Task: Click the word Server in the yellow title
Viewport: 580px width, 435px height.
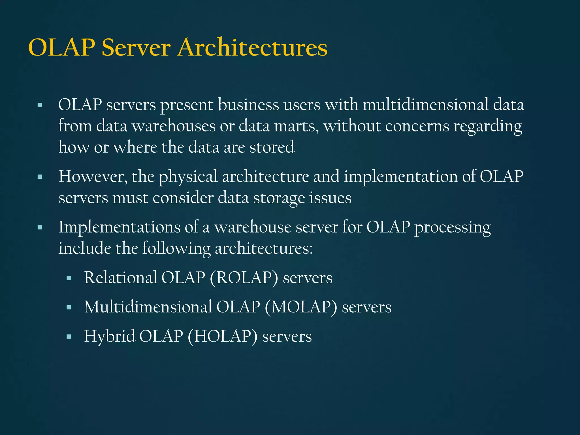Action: click(136, 47)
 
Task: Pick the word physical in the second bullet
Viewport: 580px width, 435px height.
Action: click(188, 177)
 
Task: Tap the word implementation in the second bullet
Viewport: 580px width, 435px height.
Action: click(400, 177)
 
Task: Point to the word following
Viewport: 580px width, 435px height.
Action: click(176, 249)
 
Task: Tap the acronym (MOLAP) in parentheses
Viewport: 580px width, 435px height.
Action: click(301, 307)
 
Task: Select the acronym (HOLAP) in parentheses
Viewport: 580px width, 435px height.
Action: click(222, 336)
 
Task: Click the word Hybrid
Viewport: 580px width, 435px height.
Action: click(110, 336)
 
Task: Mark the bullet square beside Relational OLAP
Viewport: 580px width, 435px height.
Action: click(69, 278)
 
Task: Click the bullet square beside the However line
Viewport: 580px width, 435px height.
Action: click(40, 177)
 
